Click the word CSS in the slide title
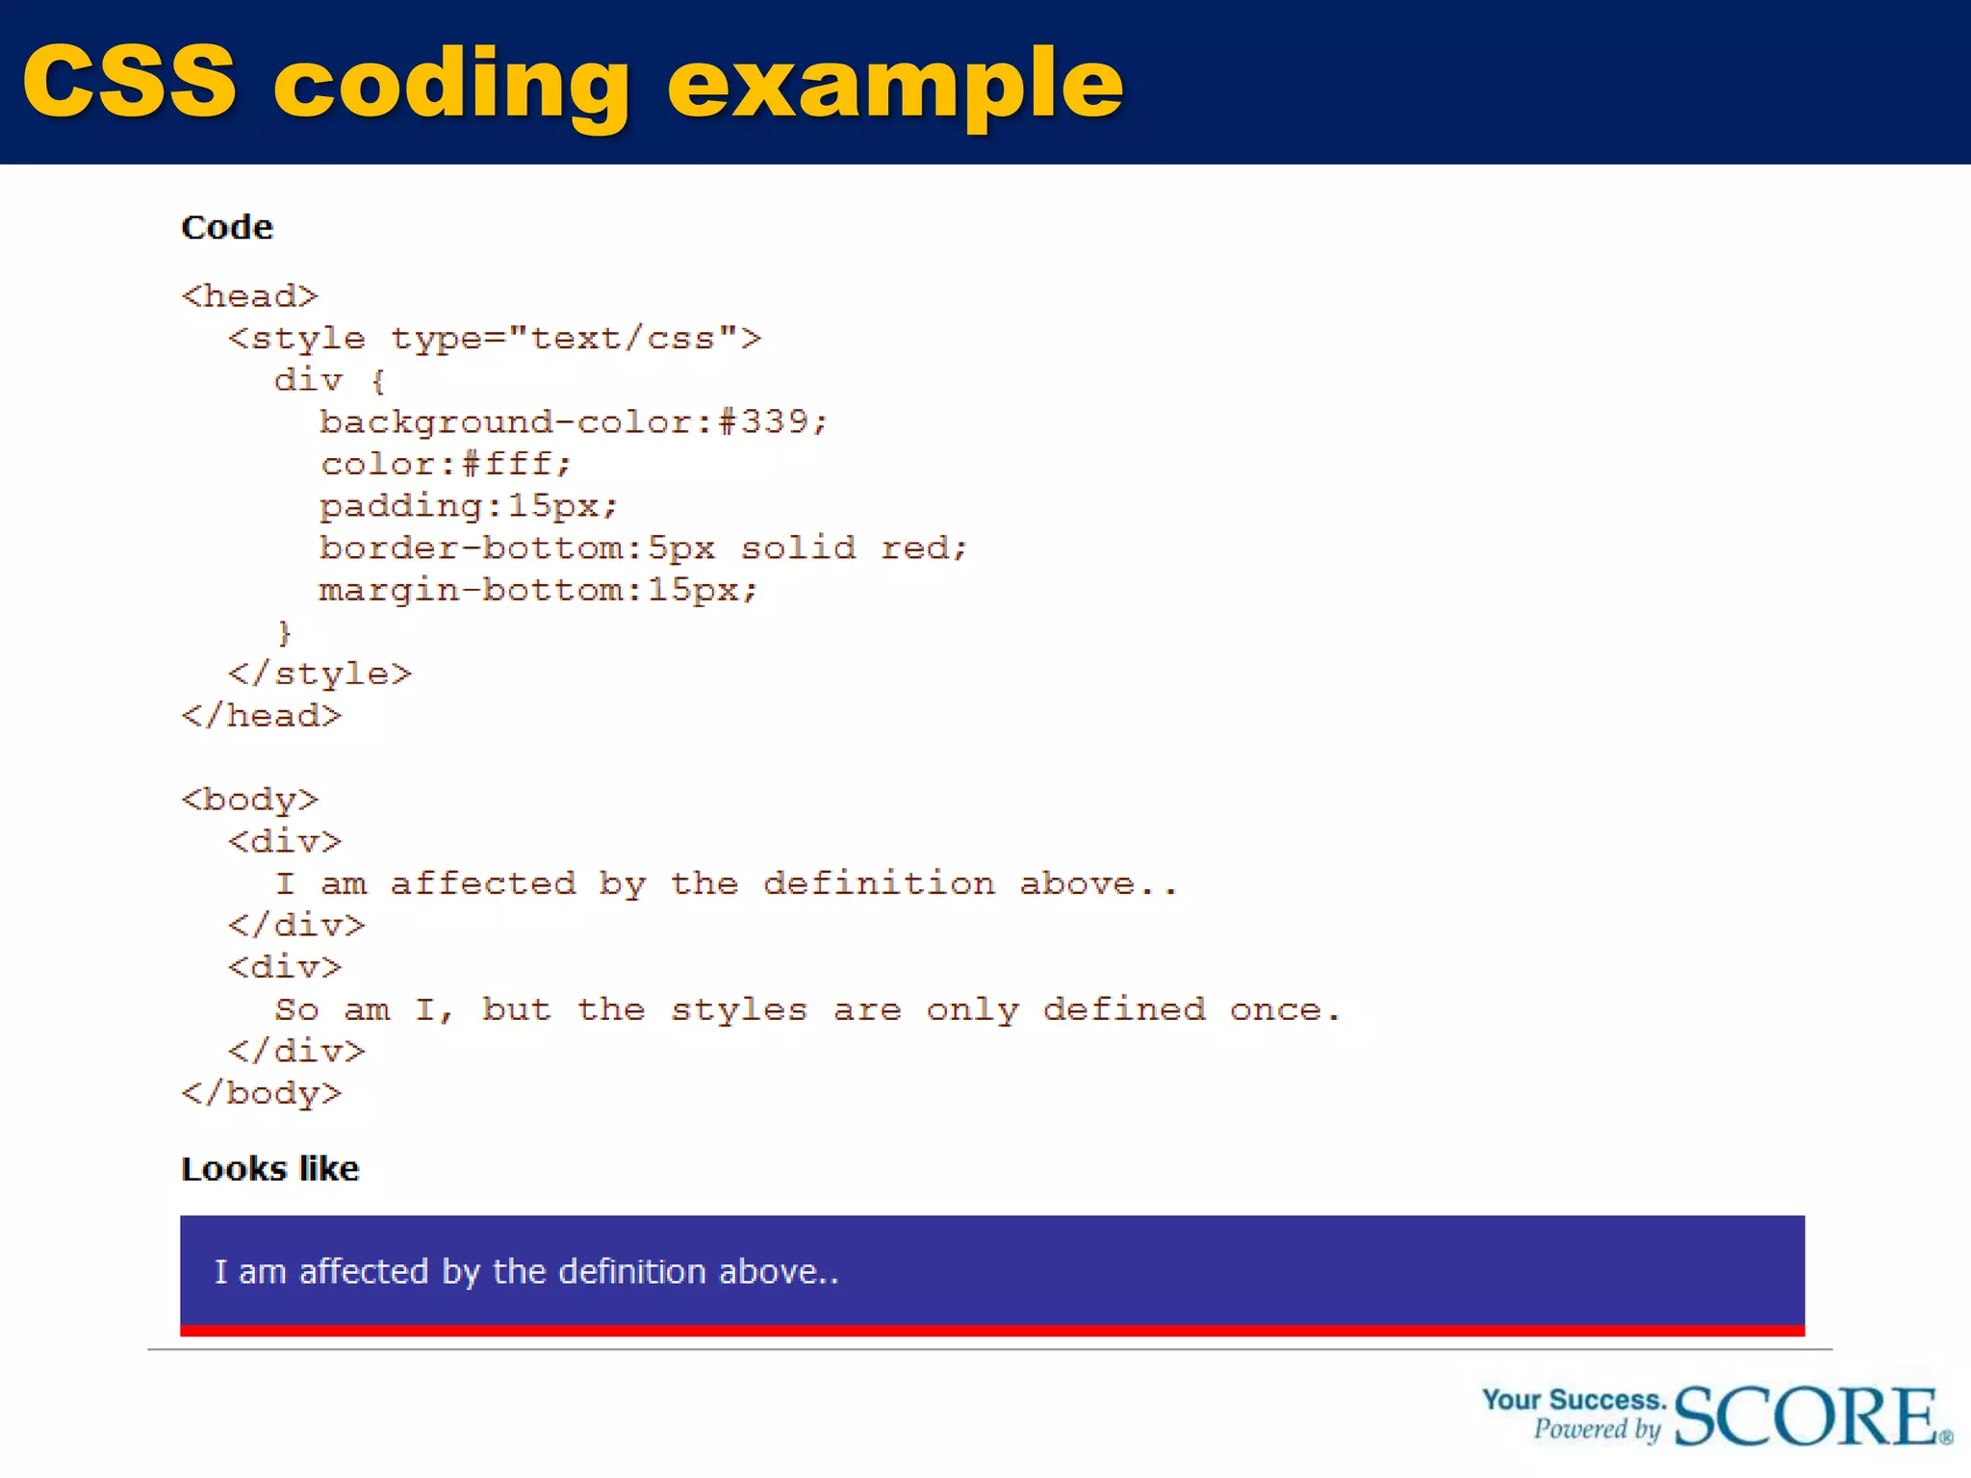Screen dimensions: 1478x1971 [x=130, y=83]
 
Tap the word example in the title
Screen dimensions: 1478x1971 [x=895, y=87]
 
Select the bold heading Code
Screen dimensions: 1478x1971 [x=227, y=228]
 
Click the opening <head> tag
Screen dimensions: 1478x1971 [x=249, y=296]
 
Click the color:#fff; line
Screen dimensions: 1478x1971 [x=446, y=465]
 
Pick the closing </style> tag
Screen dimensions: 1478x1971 [x=320, y=674]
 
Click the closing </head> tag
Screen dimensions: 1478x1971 [x=261, y=716]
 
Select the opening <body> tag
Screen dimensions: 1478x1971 [x=249, y=800]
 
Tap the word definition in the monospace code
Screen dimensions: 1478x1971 [x=879, y=883]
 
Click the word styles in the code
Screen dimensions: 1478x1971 [x=738, y=1009]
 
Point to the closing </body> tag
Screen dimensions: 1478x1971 [x=261, y=1093]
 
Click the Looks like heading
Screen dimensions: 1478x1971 [x=270, y=1169]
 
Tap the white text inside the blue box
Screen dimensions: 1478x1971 [x=526, y=1272]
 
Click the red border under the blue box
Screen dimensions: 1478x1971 [x=991, y=1331]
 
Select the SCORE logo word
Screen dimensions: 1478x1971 [x=1806, y=1416]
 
